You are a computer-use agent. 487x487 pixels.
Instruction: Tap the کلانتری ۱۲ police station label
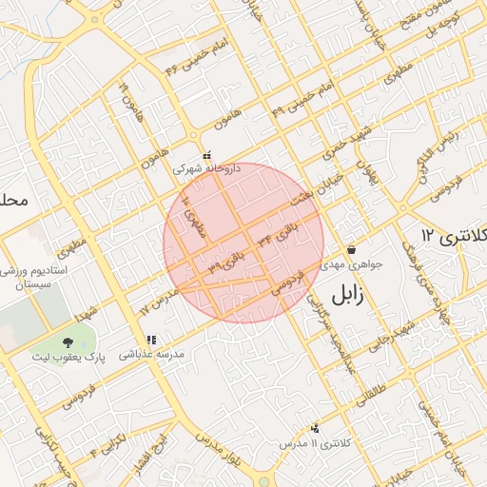click(453, 235)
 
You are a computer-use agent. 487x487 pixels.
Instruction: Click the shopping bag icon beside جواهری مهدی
click(352, 249)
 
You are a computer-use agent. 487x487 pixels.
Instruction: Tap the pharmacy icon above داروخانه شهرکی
click(206, 154)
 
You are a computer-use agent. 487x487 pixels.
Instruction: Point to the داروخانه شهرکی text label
click(206, 167)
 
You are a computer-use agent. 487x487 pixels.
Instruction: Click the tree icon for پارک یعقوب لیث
click(68, 341)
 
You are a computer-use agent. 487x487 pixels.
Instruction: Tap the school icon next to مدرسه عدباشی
click(150, 340)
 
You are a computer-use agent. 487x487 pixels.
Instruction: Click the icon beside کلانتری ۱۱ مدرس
click(316, 429)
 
